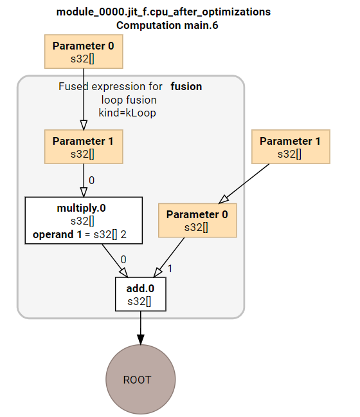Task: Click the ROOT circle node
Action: pos(140,379)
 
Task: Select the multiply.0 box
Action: pos(83,221)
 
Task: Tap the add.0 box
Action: pos(140,294)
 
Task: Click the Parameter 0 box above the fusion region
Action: pos(83,52)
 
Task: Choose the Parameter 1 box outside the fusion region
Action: pos(290,147)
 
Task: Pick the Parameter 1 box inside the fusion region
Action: pos(83,147)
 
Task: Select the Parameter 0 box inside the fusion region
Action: pos(197,220)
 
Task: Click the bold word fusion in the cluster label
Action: pos(186,86)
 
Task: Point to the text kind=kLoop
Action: pos(127,112)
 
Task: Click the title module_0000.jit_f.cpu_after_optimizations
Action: pos(163,12)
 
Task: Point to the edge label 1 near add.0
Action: pos(170,268)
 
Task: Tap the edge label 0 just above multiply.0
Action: pos(91,180)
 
